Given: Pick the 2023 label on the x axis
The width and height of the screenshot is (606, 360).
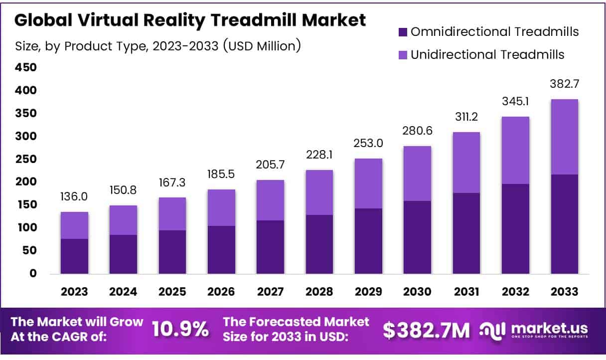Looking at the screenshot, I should pyautogui.click(x=75, y=292).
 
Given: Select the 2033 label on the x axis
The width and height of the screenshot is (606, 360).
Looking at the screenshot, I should pyautogui.click(x=564, y=292).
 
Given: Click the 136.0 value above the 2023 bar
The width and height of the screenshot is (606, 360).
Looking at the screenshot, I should pyautogui.click(x=75, y=197).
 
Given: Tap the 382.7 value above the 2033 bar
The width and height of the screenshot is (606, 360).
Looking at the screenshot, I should pyautogui.click(x=564, y=83).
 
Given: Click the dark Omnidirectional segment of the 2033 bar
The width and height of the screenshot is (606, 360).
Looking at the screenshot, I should pyautogui.click(x=564, y=224).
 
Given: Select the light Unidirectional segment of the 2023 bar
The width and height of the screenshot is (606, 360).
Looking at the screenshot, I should pyautogui.click(x=75, y=225).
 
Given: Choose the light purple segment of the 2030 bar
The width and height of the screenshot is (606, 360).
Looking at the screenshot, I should pyautogui.click(x=417, y=174).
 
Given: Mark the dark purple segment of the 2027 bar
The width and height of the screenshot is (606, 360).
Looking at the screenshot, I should pyautogui.click(x=271, y=247).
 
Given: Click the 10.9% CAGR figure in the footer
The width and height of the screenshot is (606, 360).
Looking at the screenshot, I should pyautogui.click(x=180, y=329).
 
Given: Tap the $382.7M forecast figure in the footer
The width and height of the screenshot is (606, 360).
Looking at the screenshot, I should pyautogui.click(x=426, y=329).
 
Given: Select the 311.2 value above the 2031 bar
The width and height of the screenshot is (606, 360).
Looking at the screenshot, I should pyautogui.click(x=466, y=117).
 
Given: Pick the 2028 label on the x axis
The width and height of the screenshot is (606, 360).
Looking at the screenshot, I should pyautogui.click(x=319, y=292).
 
